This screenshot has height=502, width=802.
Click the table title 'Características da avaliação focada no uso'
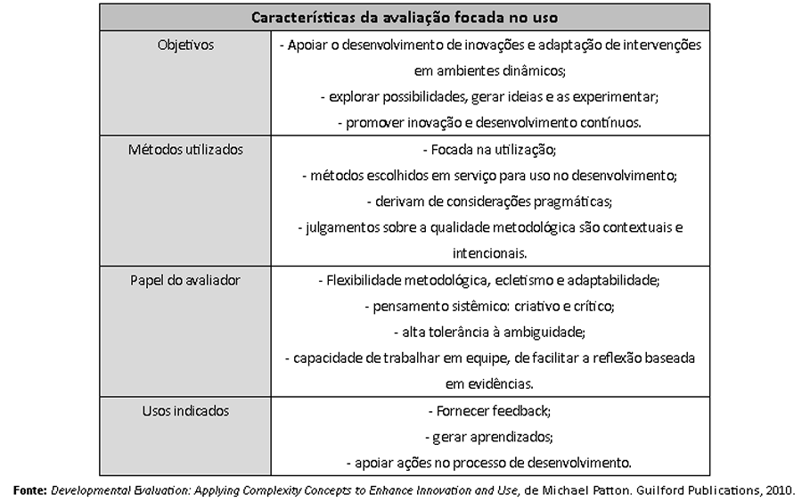(x=405, y=18)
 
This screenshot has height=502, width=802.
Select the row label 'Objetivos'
(x=185, y=45)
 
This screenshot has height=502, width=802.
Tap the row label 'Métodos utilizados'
(x=185, y=149)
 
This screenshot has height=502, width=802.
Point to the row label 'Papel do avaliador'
(x=185, y=280)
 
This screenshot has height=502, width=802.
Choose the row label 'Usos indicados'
(x=185, y=411)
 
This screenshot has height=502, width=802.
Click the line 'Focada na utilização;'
(x=489, y=150)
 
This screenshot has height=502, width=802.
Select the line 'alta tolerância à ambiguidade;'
(x=489, y=332)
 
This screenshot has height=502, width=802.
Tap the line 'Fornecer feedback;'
(x=489, y=412)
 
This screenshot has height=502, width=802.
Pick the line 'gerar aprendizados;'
(x=489, y=438)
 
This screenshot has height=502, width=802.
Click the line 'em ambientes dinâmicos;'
(x=489, y=70)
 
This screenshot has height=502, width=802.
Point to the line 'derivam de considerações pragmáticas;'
(x=489, y=202)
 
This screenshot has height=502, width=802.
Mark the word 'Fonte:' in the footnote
(x=29, y=490)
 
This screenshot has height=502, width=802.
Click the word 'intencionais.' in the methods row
(x=489, y=253)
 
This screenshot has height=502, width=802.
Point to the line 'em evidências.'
(x=489, y=384)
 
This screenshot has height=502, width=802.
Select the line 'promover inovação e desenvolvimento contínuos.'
(x=489, y=122)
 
